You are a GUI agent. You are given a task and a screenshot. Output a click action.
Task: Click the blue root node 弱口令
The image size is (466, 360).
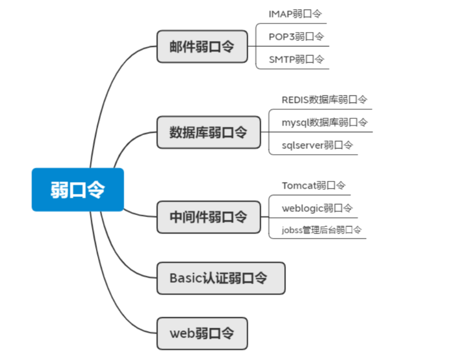(77, 189)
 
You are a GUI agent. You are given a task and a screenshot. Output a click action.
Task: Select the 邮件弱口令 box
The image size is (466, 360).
(202, 47)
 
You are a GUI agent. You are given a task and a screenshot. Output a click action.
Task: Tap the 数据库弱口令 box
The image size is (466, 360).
(209, 132)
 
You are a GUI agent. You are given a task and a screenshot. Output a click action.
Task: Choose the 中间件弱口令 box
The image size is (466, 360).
(209, 217)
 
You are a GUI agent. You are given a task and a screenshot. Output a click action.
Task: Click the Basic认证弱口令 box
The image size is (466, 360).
(220, 278)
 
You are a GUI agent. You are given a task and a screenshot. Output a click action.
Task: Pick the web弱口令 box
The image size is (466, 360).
(202, 333)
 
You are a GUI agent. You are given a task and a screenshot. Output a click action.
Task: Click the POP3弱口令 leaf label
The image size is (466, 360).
(296, 36)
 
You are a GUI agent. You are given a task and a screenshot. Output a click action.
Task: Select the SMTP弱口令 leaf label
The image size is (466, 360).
(296, 59)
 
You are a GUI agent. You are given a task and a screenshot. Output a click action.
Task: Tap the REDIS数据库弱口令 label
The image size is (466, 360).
(324, 100)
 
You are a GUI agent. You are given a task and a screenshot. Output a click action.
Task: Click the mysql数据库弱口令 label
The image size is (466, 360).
(324, 122)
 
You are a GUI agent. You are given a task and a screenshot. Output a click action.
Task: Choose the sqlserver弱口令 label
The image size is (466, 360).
(317, 145)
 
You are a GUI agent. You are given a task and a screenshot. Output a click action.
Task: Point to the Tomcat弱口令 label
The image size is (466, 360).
(313, 185)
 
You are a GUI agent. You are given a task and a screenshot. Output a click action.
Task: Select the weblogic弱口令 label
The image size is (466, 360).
(317, 208)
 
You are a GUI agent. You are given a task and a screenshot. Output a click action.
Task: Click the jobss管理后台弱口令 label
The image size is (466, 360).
(322, 230)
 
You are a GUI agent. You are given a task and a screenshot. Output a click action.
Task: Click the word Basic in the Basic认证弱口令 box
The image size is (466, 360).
(185, 278)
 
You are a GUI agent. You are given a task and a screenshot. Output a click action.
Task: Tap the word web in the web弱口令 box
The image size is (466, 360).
(182, 334)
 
